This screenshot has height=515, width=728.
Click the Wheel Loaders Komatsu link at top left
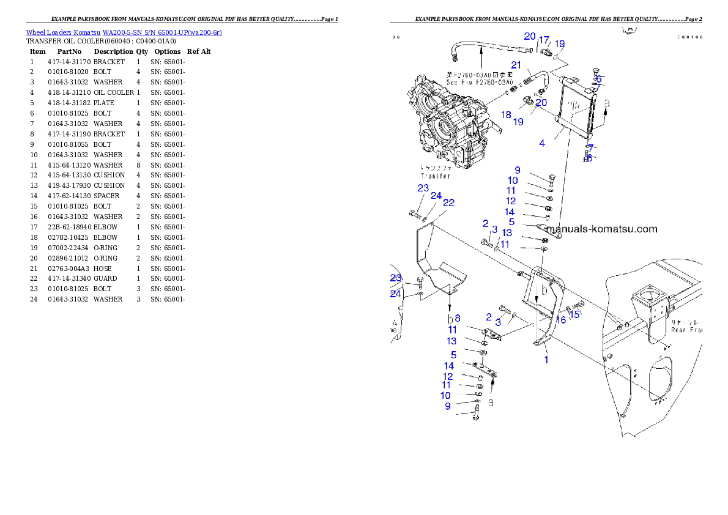pos(124,32)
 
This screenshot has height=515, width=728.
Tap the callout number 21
pos(516,65)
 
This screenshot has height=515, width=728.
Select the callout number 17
pos(543,40)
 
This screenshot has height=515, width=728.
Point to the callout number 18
pos(506,114)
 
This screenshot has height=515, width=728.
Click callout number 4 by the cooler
pos(542,143)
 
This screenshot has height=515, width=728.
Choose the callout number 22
pos(448,202)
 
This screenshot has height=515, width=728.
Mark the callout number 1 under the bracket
pos(546,360)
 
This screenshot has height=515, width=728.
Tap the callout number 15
pos(574,314)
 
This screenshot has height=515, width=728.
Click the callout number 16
pos(560,320)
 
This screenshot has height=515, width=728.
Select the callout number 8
pos(457,318)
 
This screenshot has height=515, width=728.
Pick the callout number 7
pos(591,147)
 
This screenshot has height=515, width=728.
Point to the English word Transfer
pos(435,176)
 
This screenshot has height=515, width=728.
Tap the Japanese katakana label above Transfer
pos(435,168)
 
